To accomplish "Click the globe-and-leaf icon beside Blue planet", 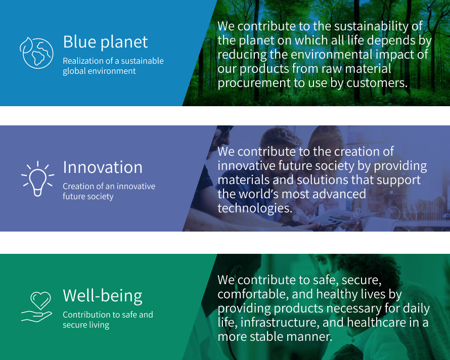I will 36,52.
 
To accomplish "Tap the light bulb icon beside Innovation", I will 37,178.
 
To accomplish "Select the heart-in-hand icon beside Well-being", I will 37,306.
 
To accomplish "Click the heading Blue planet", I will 105,42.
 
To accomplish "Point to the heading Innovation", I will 103,167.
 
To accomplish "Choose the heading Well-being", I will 103,295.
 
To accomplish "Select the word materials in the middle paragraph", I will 246,179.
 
